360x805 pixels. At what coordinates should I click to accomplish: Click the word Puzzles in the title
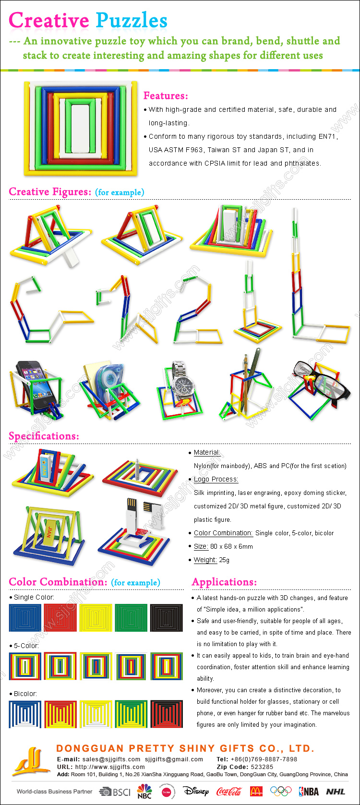[x=132, y=21]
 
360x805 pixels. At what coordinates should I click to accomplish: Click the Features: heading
[x=166, y=96]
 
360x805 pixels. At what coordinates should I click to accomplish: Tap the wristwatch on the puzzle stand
[x=182, y=382]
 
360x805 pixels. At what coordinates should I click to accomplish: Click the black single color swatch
[x=167, y=617]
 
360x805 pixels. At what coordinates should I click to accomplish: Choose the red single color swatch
[x=60, y=617]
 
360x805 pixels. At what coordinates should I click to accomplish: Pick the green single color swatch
[x=131, y=617]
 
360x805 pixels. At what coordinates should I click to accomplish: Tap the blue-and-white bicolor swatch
[x=25, y=714]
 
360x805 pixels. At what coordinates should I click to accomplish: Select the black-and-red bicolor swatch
[x=167, y=714]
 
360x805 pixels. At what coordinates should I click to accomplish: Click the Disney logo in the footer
[x=196, y=791]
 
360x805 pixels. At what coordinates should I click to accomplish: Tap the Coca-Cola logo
[x=229, y=791]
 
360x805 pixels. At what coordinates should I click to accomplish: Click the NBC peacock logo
[x=144, y=791]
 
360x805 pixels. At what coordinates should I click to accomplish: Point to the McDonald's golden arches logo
[x=256, y=791]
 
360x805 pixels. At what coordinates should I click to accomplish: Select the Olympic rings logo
[x=281, y=791]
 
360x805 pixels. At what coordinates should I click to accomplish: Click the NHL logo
[x=336, y=792]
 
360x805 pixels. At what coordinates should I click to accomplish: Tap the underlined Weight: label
[x=205, y=560]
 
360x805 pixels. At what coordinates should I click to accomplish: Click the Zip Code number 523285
[x=262, y=767]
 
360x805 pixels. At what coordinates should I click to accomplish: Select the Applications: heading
[x=225, y=582]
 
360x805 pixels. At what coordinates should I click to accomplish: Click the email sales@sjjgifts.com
[x=111, y=759]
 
